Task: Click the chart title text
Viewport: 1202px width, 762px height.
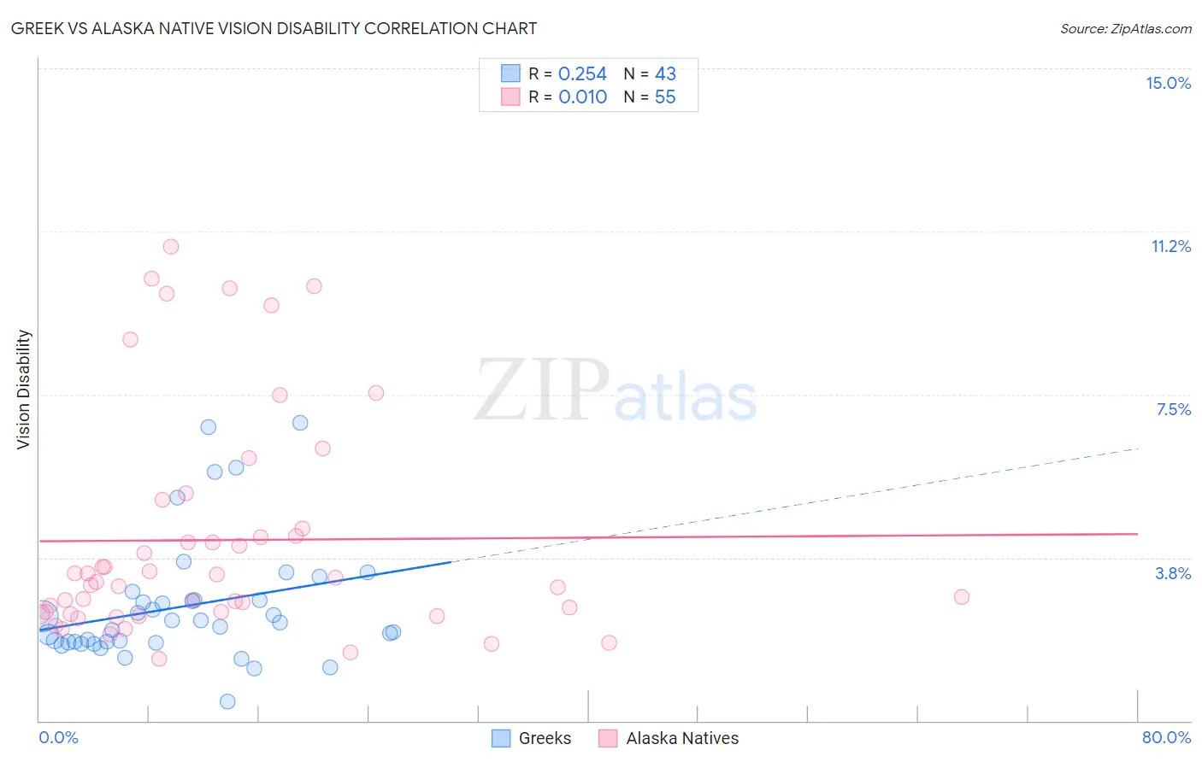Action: pos(274,28)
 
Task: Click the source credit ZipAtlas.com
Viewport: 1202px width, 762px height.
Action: pos(1125,29)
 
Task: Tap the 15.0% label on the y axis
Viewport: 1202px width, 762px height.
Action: pos(1168,83)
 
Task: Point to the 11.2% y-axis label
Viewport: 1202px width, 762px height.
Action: pos(1170,246)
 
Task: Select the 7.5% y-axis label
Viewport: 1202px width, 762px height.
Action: pos(1173,409)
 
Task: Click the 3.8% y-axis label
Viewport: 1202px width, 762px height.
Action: pos(1173,573)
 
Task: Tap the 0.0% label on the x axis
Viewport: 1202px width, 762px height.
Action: pos(58,737)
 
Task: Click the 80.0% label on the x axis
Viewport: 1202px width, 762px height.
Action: pos(1166,737)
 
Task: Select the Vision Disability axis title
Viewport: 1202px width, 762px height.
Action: pos(24,390)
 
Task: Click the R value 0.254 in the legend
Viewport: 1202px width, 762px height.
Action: pos(582,74)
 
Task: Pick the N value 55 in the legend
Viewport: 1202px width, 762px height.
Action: pos(665,97)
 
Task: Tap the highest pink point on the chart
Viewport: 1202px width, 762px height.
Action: pos(171,247)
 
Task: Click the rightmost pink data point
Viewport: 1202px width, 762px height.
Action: pos(962,597)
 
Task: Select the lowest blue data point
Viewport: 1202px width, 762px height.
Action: pos(227,701)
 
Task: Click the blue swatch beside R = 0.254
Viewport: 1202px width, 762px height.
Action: pos(510,73)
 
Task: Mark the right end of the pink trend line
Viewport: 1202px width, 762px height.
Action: pos(1138,534)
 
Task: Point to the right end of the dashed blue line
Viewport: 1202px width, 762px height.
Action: pos(1138,448)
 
